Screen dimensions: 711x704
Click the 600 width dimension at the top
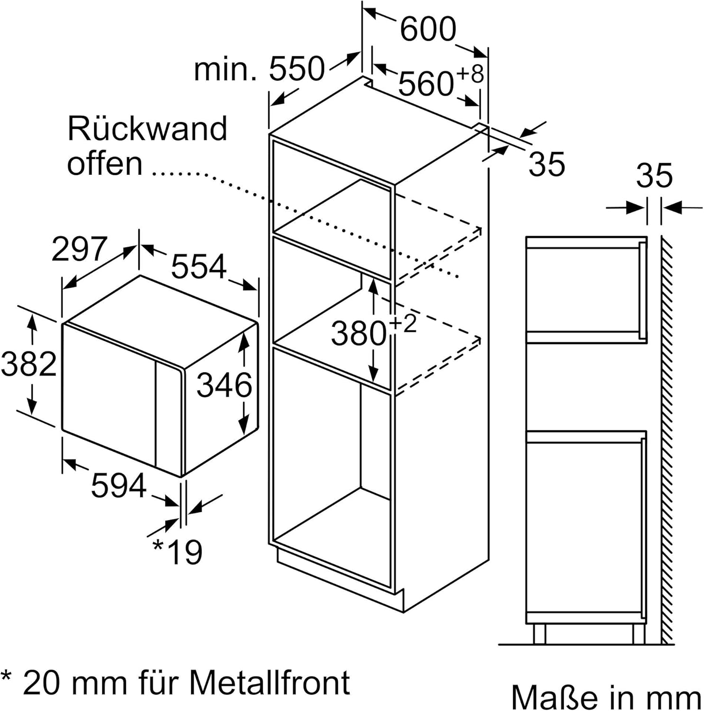coord(427,29)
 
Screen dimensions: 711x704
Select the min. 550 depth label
coord(259,69)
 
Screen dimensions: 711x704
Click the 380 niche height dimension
coord(359,333)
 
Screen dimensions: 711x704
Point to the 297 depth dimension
coord(79,249)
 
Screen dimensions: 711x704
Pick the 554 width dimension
coord(199,266)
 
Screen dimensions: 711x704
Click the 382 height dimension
coord(28,365)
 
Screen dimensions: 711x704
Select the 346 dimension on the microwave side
coord(224,384)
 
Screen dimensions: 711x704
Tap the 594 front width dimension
coord(119,485)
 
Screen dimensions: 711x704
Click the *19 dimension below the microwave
coord(178,551)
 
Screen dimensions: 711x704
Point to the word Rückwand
coord(148,128)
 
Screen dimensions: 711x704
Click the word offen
coord(105,164)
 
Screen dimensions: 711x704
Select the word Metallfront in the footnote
coord(270,683)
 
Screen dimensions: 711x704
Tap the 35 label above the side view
coord(654,175)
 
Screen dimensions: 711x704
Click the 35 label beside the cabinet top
coord(547,164)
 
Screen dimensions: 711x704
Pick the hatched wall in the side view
coord(667,441)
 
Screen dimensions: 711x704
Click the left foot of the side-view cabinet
coord(540,634)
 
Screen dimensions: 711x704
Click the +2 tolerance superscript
coord(403,324)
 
